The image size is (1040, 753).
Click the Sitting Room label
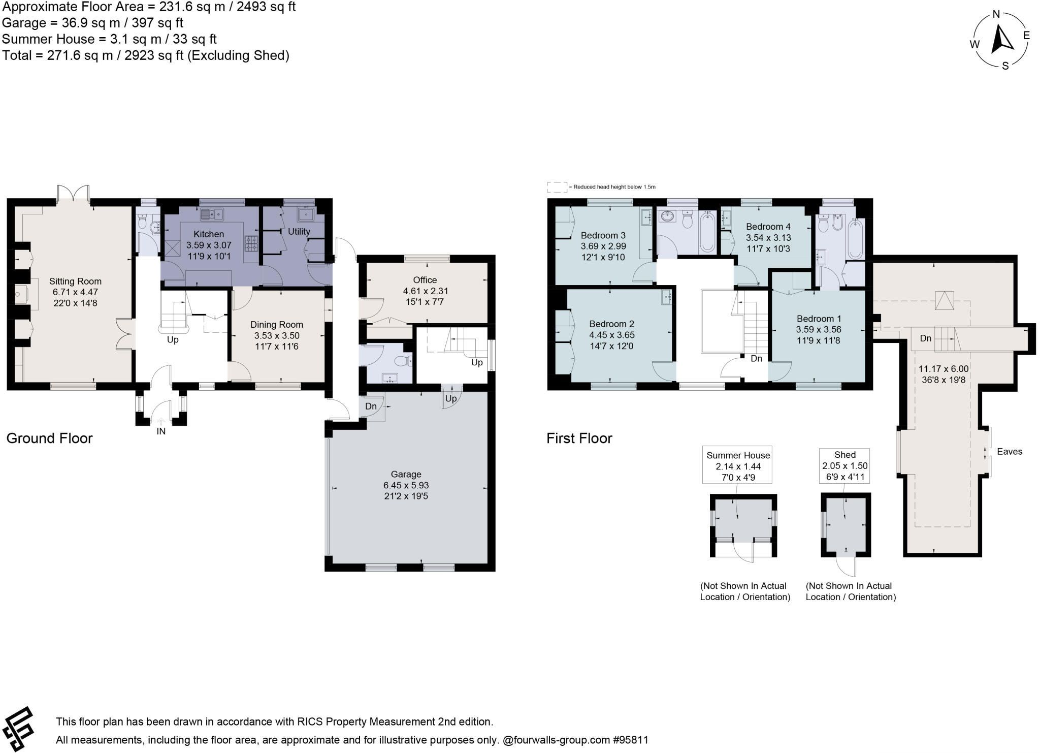pos(75,281)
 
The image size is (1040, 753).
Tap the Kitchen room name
pos(209,234)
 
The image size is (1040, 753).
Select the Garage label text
pos(406,474)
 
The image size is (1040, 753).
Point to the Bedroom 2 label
pos(611,324)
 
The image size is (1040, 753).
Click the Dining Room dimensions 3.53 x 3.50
pos(277,335)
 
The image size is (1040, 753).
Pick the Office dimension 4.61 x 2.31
pos(425,291)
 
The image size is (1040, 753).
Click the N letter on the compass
pos(996,15)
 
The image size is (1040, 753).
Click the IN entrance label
pos(161,431)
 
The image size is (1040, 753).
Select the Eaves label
pos(1010,451)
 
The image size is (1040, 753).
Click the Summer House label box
pos(737,465)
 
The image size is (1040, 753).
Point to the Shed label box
pos(844,465)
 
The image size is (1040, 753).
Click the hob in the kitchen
pos(251,244)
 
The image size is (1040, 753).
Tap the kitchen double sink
pos(212,215)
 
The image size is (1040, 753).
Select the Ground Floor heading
pos(49,438)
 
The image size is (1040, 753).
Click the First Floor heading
pos(579,438)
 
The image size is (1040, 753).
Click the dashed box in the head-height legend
pos(557,187)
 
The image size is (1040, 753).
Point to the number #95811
pos(631,740)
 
